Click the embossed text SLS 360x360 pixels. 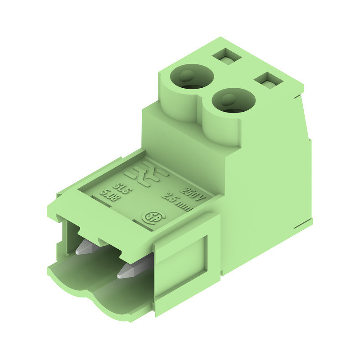[x=123, y=188]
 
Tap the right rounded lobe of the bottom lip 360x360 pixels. [x=112, y=306]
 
